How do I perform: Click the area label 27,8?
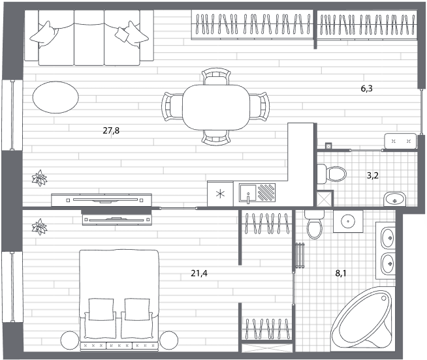(x=111, y=131)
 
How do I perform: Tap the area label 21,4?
(x=199, y=273)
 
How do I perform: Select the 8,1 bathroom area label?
(x=341, y=273)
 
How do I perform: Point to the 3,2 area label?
(x=373, y=175)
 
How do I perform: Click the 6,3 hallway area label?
(x=366, y=89)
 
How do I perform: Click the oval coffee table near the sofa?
(x=55, y=97)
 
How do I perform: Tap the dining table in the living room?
(x=216, y=108)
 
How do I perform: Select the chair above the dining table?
(x=216, y=76)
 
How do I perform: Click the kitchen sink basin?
(x=247, y=193)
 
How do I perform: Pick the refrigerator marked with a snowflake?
(x=220, y=194)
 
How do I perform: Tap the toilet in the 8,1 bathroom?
(x=315, y=224)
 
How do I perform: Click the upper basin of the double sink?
(x=388, y=238)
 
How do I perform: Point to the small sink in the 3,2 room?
(x=395, y=199)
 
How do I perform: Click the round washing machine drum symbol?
(x=348, y=221)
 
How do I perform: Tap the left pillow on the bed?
(x=101, y=310)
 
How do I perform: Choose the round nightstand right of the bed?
(x=169, y=340)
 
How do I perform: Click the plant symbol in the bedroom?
(x=39, y=227)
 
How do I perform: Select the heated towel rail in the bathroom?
(x=300, y=255)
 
